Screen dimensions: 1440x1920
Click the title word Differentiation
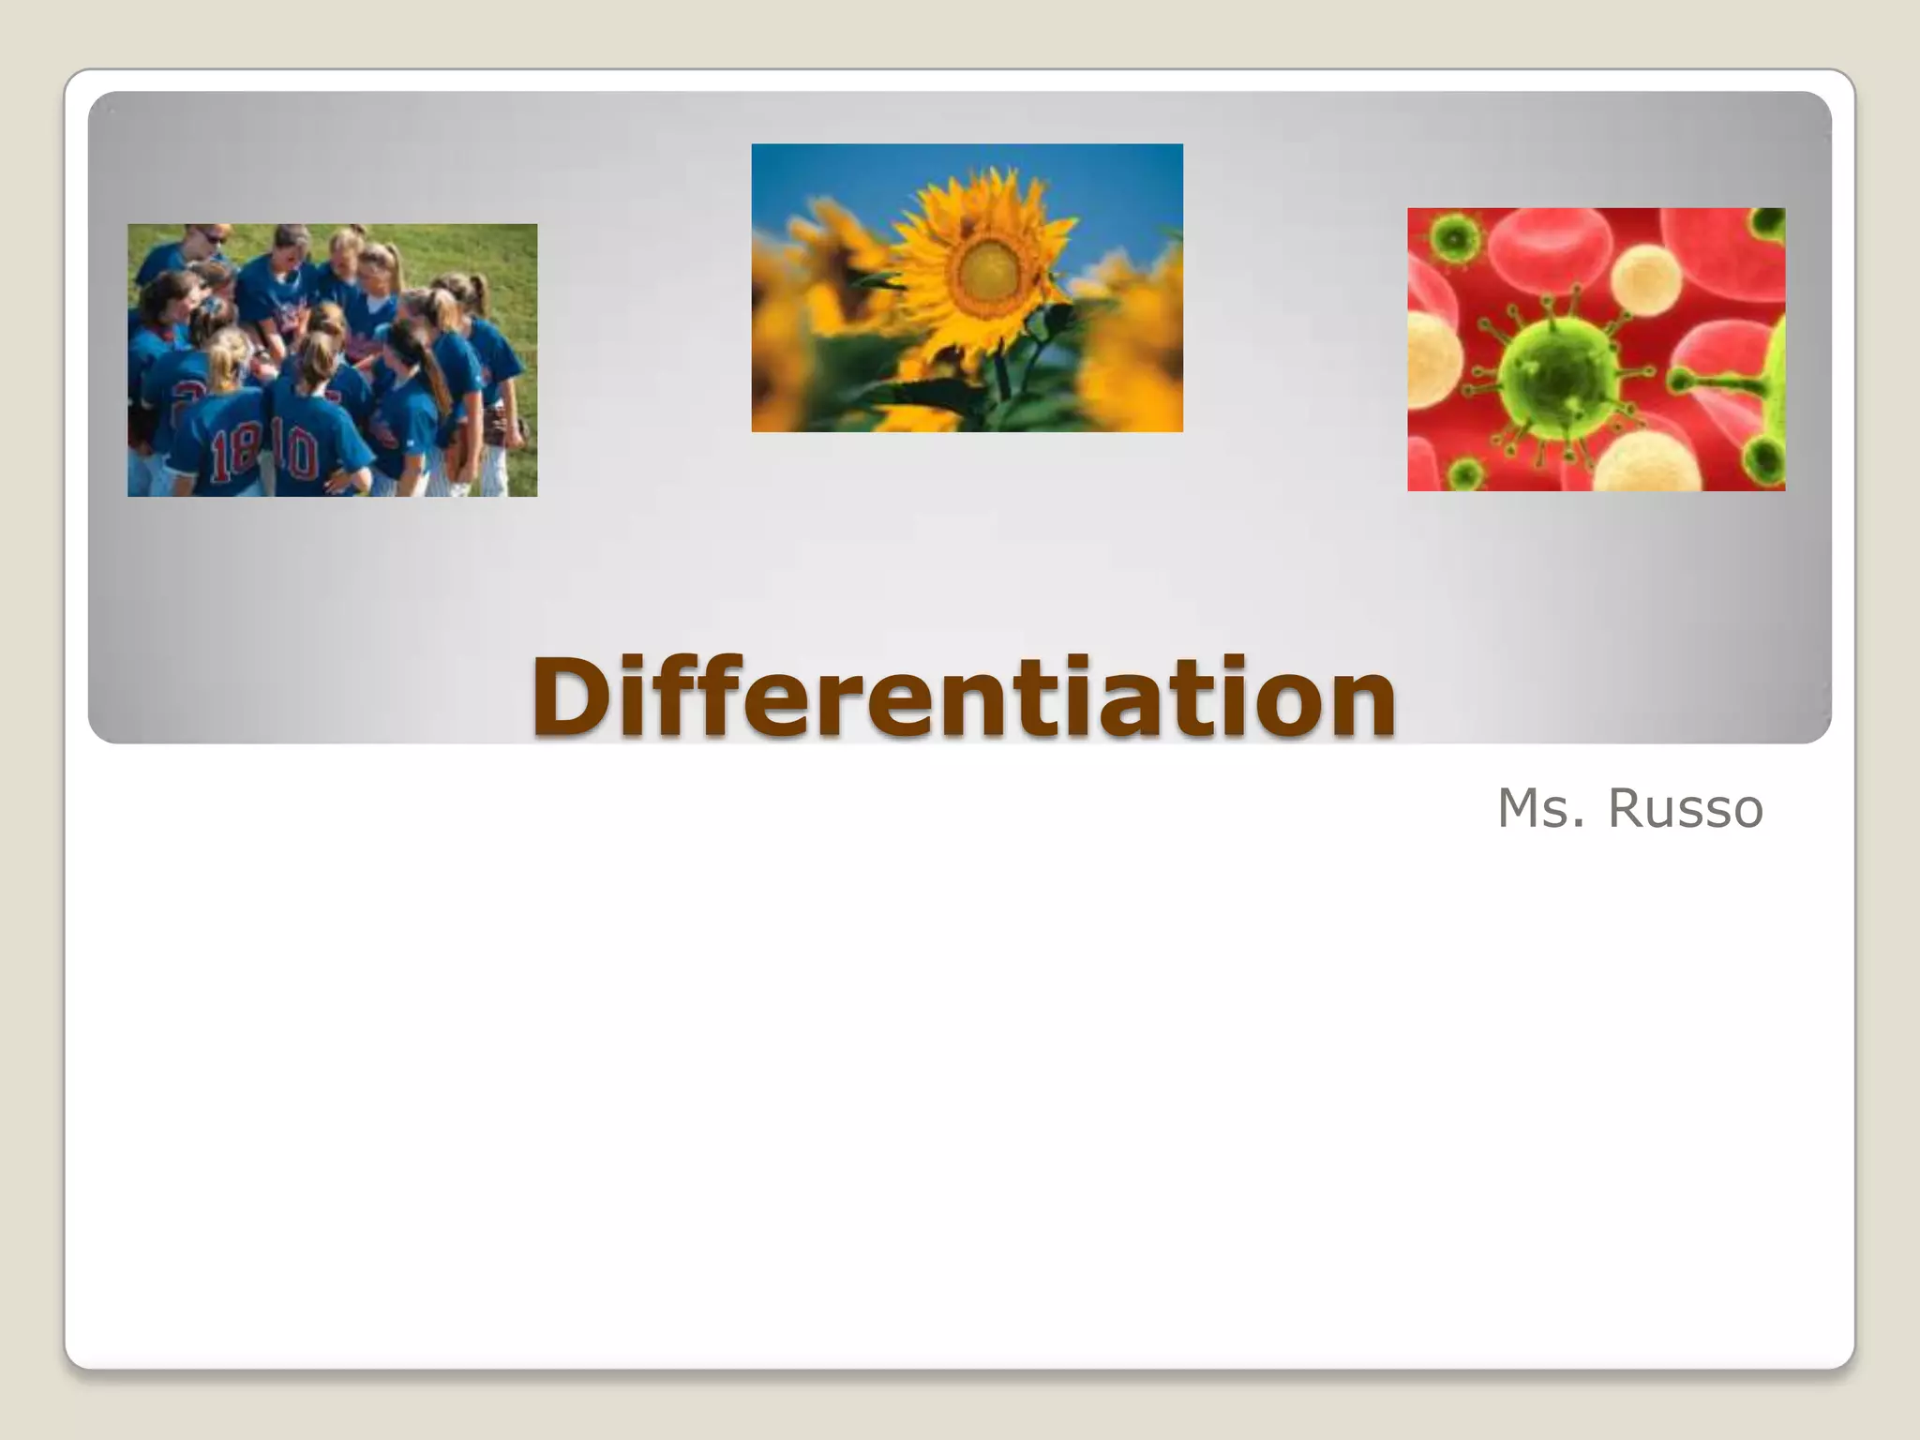(964, 697)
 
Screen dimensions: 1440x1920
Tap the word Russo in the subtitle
(1685, 809)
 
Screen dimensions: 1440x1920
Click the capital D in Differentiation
(574, 697)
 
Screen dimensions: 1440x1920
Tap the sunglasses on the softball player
(214, 239)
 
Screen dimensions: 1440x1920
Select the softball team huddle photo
(332, 360)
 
